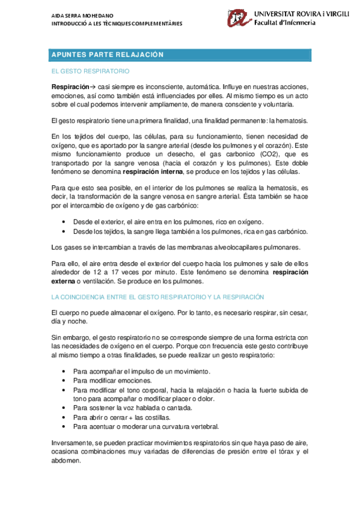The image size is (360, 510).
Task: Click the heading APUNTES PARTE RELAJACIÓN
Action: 108,55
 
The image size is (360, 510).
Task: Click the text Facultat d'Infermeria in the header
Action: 282,23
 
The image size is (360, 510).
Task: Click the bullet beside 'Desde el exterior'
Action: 64,222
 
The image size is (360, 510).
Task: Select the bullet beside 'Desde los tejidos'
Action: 64,231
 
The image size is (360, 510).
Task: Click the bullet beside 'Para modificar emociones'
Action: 64,381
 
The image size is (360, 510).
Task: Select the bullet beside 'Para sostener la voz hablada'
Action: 64,408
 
